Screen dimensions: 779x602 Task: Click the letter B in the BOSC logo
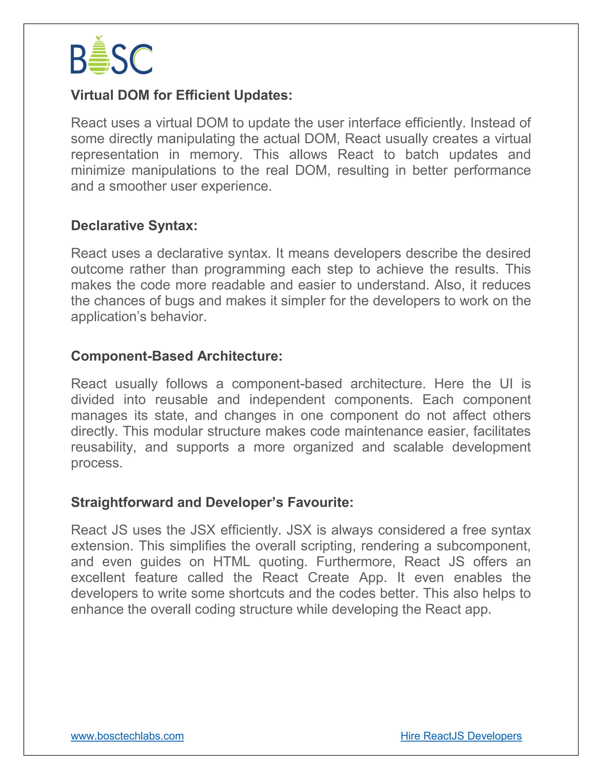[78, 59]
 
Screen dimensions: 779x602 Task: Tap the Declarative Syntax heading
[134, 225]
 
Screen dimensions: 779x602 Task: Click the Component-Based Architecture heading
[177, 356]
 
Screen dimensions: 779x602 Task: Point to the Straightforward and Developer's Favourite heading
[212, 502]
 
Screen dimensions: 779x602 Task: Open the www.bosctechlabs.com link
[127, 735]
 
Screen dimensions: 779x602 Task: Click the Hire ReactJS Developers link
[461, 735]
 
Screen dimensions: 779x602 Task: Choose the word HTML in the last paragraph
[231, 562]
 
